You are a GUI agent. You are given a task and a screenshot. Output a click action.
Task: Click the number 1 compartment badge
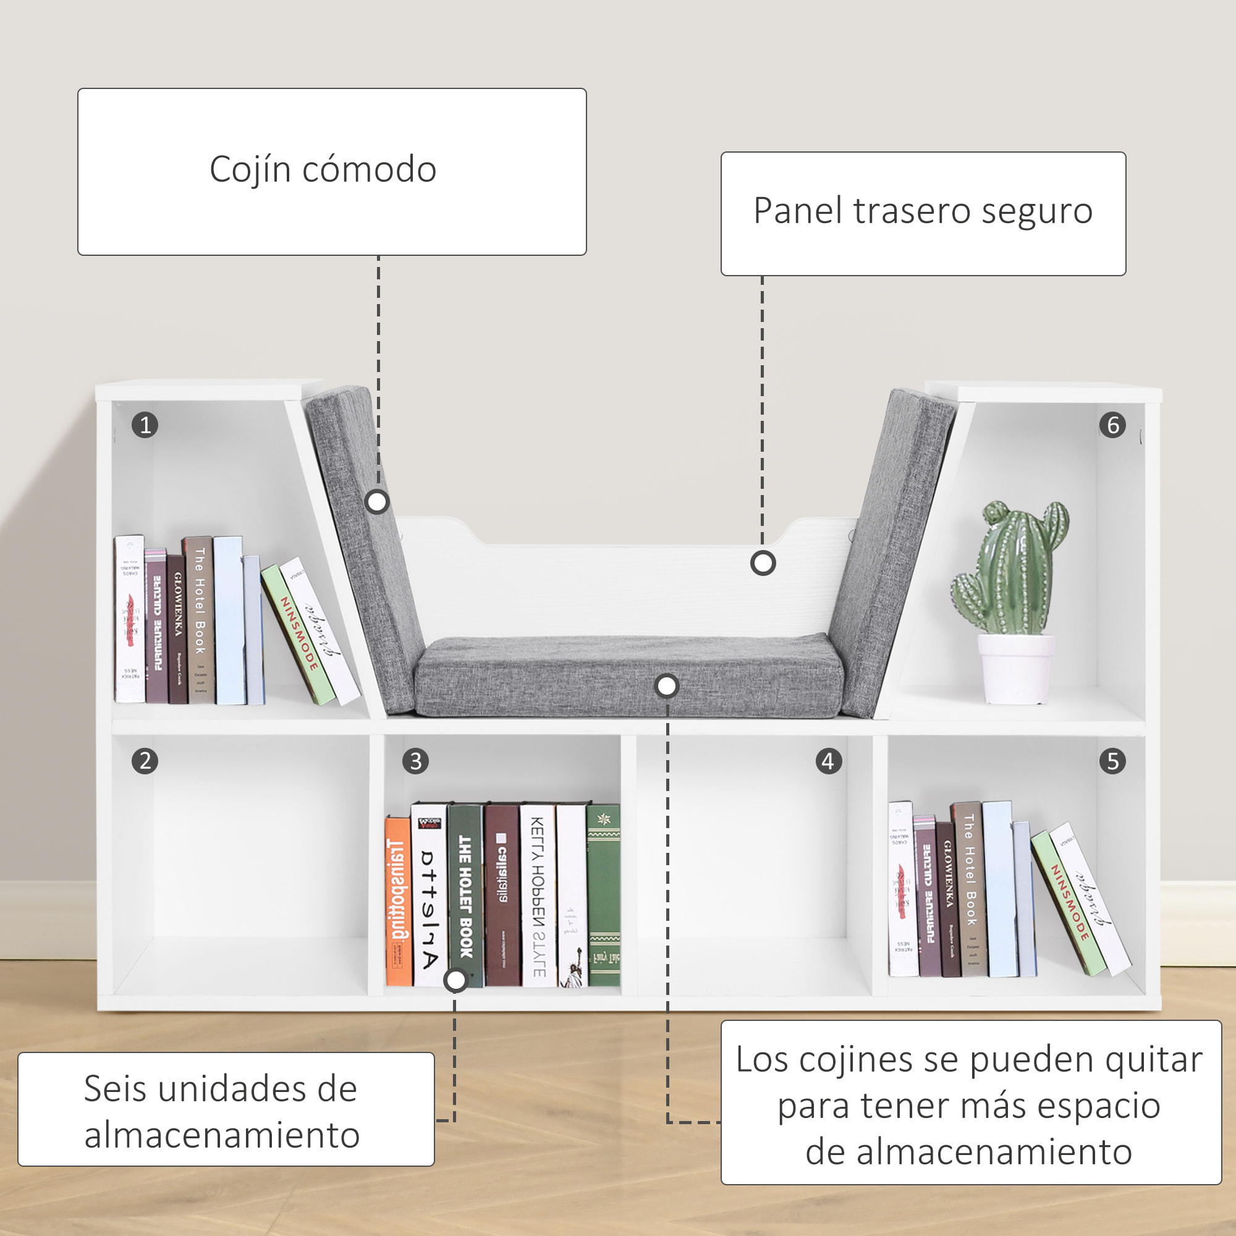tap(145, 425)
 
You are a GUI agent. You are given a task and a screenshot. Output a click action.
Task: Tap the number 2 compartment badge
tap(145, 761)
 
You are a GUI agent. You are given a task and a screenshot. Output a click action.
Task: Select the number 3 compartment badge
tap(416, 761)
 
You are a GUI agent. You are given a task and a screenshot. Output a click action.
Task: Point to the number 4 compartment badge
tap(829, 761)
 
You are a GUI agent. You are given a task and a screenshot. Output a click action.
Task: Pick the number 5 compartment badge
tap(1112, 761)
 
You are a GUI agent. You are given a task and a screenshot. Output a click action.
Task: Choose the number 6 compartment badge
tap(1112, 425)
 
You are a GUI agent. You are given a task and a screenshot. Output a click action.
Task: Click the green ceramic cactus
tap(1011, 569)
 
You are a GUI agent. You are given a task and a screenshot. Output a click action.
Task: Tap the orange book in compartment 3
tap(398, 902)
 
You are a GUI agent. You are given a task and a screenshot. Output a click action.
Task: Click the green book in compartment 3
tap(603, 895)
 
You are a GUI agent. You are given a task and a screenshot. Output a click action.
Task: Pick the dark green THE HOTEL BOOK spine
tap(465, 895)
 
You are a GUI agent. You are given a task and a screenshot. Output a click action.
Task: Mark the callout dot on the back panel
tap(763, 564)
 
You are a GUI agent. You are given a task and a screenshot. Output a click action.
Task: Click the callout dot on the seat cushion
tap(667, 687)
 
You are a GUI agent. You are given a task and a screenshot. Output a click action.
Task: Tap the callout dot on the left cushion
tap(378, 502)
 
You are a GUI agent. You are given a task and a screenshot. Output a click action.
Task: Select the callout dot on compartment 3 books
tap(455, 980)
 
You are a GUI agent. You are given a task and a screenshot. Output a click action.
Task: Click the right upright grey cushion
tap(889, 550)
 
